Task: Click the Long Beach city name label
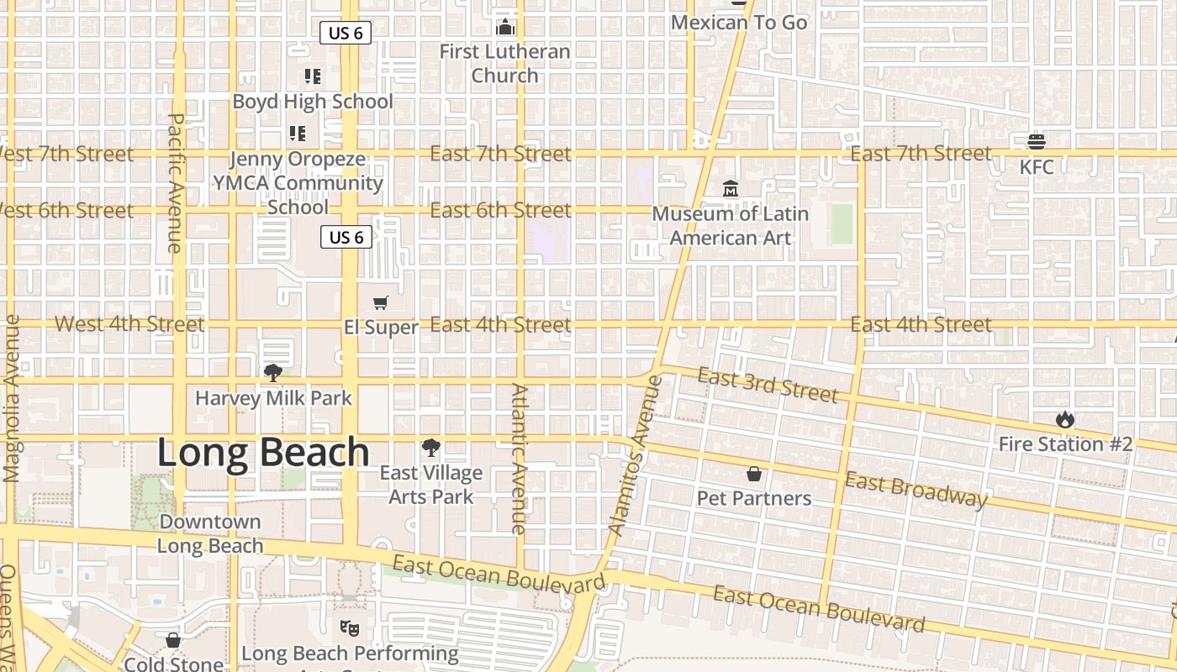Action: tap(263, 453)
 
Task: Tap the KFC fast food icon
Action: tap(1037, 140)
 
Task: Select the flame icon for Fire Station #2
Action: tap(1065, 418)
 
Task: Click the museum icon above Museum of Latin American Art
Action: tap(730, 189)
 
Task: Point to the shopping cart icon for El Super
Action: tap(381, 302)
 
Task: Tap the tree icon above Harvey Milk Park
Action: tap(272, 373)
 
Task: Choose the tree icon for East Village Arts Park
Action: tap(431, 448)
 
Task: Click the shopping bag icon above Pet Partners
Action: tap(754, 475)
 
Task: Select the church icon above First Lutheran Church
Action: tap(505, 27)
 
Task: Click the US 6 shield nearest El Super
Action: tap(346, 238)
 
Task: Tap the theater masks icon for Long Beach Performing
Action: tap(349, 627)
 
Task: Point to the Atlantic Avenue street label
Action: tap(519, 459)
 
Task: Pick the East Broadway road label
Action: tap(916, 491)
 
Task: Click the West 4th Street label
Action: tap(129, 324)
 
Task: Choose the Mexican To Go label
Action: tap(738, 23)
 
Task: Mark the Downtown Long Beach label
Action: tap(210, 533)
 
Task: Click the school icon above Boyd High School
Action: tap(313, 77)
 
